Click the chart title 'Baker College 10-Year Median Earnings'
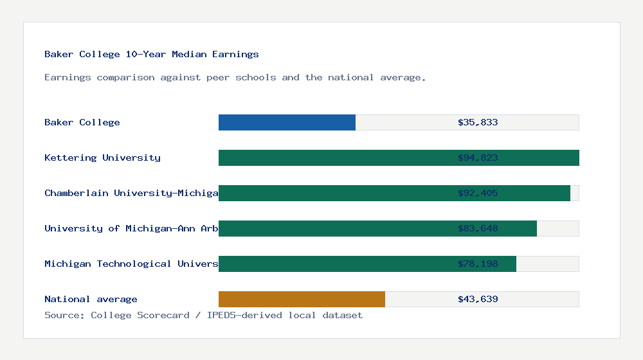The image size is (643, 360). tap(152, 55)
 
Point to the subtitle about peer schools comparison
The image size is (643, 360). tap(235, 78)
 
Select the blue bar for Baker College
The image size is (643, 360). tap(287, 123)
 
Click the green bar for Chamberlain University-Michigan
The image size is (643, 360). tap(334, 194)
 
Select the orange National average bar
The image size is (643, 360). tap(302, 300)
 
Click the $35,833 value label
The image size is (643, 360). tap(478, 123)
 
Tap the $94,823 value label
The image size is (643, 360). tap(478, 158)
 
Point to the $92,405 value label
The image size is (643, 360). tap(478, 194)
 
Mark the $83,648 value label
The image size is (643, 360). tap(478, 229)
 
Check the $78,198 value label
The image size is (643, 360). tap(478, 264)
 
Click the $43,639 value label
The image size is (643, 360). tap(478, 300)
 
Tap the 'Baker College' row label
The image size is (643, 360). tap(82, 123)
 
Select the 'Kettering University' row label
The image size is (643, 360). tap(103, 158)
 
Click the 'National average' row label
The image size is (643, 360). tap(91, 300)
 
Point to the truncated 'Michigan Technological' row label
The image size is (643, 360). tap(131, 264)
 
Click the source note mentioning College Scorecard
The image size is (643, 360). tap(203, 316)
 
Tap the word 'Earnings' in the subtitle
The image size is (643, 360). tap(68, 78)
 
